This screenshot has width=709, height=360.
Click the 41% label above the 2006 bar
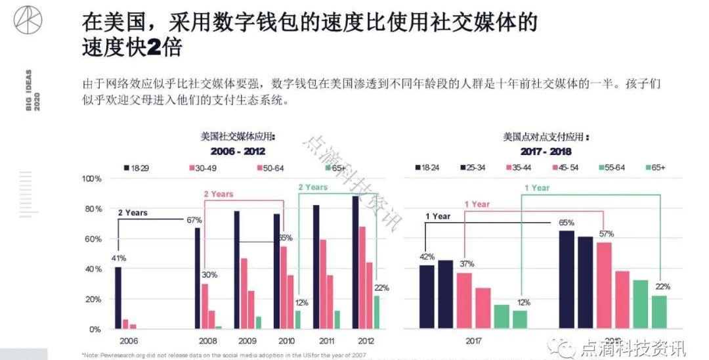click(x=118, y=258)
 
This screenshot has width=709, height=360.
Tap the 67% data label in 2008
click(x=193, y=220)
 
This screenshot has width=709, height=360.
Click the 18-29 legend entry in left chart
click(x=137, y=168)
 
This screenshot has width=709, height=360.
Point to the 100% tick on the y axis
click(x=92, y=179)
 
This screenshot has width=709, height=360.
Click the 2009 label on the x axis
click(x=248, y=340)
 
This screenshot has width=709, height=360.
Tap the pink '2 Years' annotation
click(x=218, y=194)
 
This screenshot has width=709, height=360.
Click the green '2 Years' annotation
click(x=312, y=187)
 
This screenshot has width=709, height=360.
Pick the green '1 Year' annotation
click(x=536, y=188)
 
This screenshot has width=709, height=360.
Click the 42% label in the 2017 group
click(x=427, y=257)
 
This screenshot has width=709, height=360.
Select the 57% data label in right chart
click(x=606, y=234)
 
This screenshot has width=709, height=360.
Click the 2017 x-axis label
click(x=473, y=340)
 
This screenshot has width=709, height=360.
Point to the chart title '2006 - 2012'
click(x=238, y=151)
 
